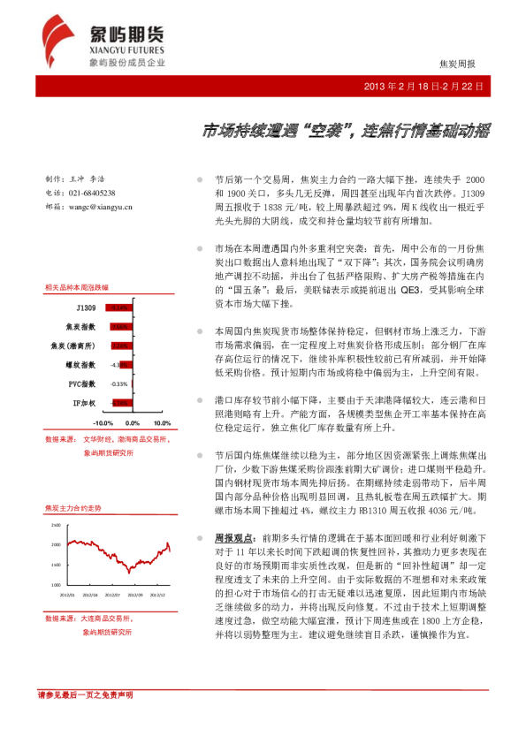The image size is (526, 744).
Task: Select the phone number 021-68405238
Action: tap(93, 193)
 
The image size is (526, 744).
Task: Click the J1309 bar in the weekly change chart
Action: tap(118, 307)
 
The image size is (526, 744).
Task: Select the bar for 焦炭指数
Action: tap(120, 326)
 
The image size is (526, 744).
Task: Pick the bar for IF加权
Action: tap(121, 403)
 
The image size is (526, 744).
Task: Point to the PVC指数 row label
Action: tap(80, 384)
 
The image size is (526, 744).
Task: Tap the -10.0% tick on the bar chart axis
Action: tap(104, 424)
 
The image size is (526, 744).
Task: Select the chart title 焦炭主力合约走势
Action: tap(72, 509)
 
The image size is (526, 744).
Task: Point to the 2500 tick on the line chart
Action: tap(56, 525)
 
